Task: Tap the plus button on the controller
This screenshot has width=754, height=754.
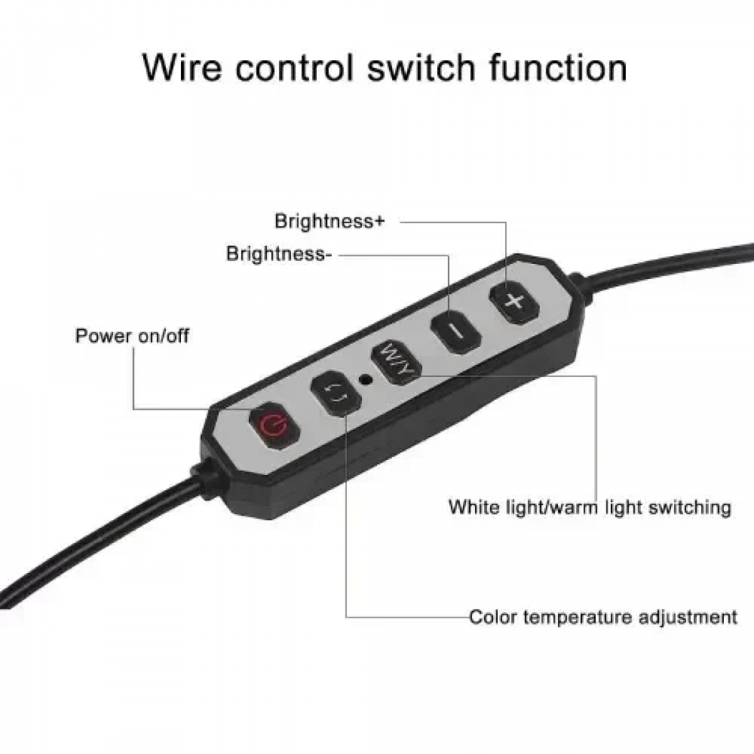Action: point(515,302)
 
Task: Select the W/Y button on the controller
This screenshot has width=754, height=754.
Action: point(396,363)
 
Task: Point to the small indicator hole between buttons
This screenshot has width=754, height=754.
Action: point(366,379)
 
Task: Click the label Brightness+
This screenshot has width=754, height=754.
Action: point(330,221)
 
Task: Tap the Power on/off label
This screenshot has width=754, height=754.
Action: point(132,336)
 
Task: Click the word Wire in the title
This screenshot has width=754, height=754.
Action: point(182,68)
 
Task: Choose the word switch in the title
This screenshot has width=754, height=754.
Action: point(422,68)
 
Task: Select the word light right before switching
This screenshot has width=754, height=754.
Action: point(621,508)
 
